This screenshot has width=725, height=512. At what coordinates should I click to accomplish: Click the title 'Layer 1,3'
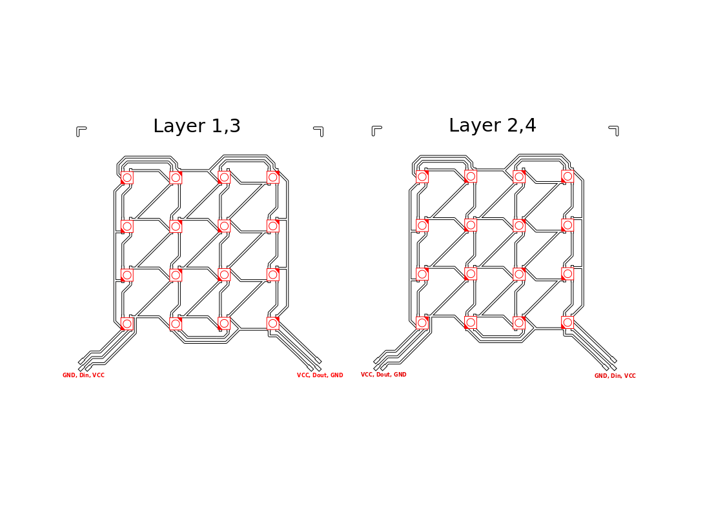(197, 126)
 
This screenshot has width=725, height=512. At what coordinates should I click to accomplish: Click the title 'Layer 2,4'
(493, 126)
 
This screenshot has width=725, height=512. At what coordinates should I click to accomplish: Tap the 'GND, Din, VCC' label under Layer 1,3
(83, 375)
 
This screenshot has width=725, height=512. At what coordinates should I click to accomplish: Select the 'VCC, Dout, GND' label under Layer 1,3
(320, 375)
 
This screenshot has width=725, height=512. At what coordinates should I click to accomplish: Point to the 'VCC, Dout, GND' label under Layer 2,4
(383, 375)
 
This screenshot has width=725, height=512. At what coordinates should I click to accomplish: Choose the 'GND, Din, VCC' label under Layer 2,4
(615, 376)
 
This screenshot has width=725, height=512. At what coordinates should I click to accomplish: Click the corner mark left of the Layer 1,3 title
(80, 131)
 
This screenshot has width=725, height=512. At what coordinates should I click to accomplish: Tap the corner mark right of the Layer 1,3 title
(319, 131)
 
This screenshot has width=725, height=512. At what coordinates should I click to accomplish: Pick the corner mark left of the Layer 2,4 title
(376, 130)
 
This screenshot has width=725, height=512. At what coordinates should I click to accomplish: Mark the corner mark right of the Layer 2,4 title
(614, 130)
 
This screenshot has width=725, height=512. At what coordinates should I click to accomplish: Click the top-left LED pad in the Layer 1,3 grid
(127, 177)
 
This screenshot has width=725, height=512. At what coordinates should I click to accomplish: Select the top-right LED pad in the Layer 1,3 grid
(273, 177)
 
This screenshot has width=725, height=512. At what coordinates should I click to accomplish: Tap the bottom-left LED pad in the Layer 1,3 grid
(127, 323)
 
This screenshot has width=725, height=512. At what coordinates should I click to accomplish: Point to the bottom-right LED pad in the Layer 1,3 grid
(273, 323)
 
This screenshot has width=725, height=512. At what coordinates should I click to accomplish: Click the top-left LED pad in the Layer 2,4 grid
(422, 177)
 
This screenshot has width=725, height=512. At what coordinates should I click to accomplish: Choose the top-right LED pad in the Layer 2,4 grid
(567, 176)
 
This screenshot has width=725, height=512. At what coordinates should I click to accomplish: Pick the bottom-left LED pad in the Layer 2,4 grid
(422, 322)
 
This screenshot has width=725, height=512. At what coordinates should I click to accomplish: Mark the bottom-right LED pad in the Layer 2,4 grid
(567, 322)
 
